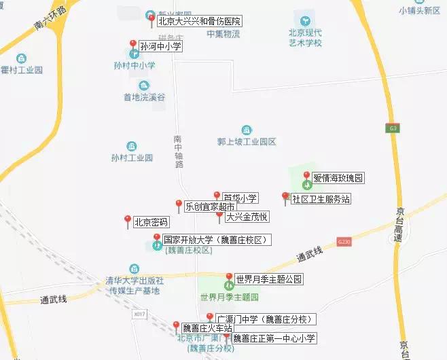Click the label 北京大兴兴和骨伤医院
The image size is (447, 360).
click(x=199, y=22)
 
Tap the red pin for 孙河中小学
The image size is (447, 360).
click(x=132, y=46)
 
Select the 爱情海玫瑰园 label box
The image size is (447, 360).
click(x=338, y=179)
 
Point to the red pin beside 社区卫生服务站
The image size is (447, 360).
click(x=285, y=198)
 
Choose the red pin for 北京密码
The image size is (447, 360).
click(x=127, y=220)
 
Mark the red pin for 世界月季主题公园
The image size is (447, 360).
click(x=229, y=278)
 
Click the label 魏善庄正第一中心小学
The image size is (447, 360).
click(x=274, y=338)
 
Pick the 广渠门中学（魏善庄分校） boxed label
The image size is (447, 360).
click(x=266, y=319)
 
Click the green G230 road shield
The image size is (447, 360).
click(x=344, y=241)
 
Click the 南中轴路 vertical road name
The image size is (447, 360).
click(x=179, y=150)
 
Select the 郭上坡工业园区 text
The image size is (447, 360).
click(x=247, y=142)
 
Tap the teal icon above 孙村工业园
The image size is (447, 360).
click(x=132, y=145)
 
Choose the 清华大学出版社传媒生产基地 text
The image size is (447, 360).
click(x=135, y=285)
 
